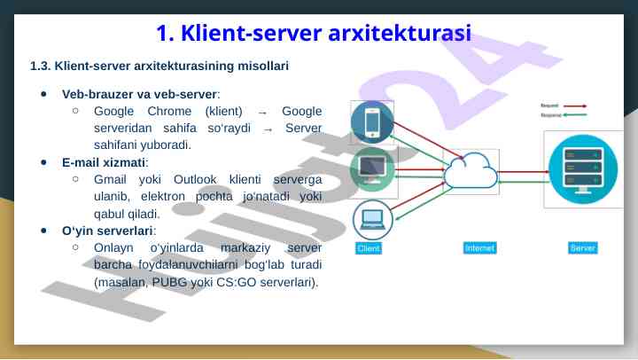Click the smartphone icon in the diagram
[371, 122]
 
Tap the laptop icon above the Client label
[371, 218]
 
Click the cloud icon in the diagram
[470, 169]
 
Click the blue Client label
[369, 248]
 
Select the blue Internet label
[479, 248]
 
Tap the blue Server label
[582, 248]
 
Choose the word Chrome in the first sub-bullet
[169, 111]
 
